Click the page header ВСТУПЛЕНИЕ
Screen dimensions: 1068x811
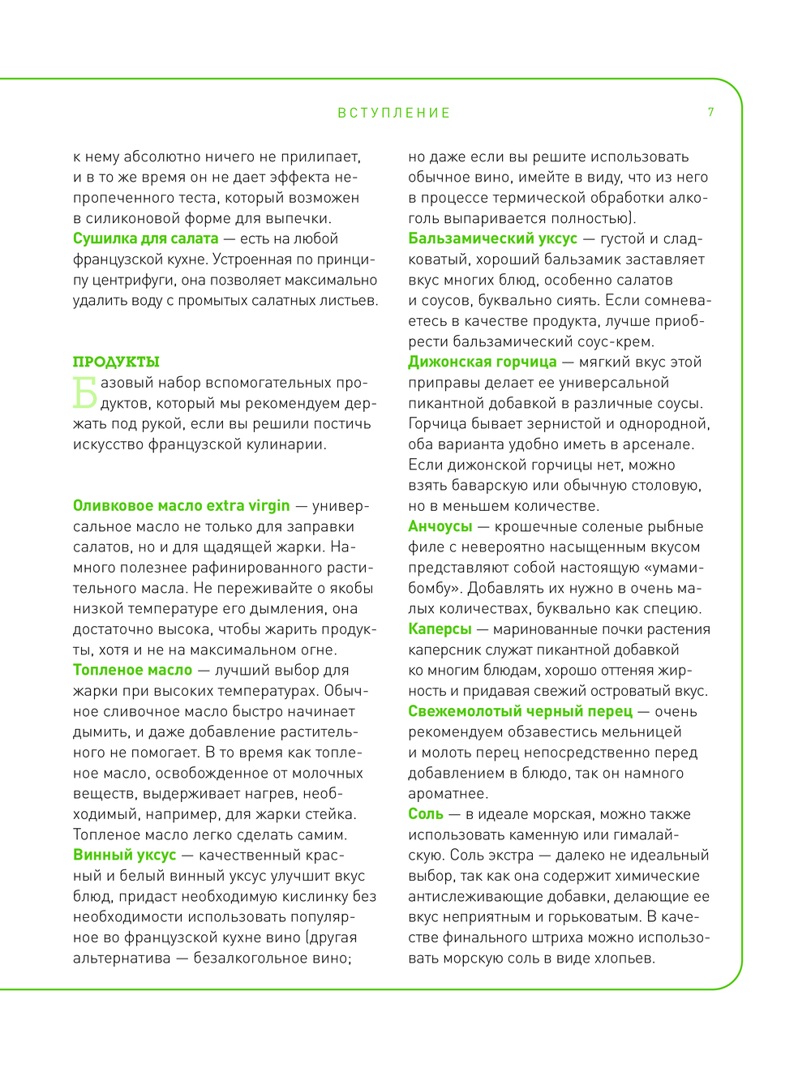click(394, 113)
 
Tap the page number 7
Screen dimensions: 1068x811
click(710, 112)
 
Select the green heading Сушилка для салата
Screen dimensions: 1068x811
click(146, 238)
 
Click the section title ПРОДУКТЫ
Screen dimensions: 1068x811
click(116, 362)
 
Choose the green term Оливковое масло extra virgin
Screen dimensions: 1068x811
click(181, 505)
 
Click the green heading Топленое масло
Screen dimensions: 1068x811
click(132, 670)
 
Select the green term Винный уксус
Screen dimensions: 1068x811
click(124, 855)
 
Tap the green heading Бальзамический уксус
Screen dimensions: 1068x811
click(492, 238)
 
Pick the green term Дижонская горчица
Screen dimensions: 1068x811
click(482, 362)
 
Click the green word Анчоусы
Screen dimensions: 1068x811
click(440, 526)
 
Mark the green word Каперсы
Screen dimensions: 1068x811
click(440, 628)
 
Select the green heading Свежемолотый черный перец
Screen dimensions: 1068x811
click(520, 711)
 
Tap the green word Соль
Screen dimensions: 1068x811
click(426, 813)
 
